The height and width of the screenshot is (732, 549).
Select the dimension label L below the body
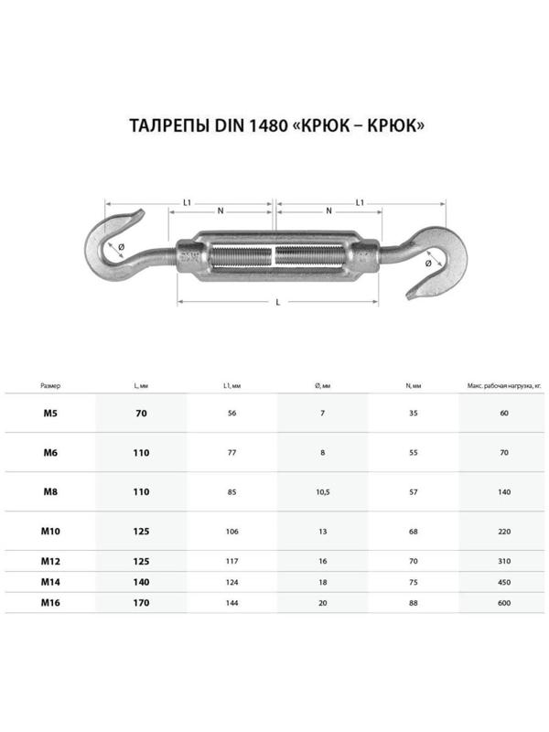coord(278,302)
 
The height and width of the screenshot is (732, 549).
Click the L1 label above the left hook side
coord(187,201)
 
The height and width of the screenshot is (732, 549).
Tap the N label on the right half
coord(328,212)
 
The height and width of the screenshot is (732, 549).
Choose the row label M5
coord(50,414)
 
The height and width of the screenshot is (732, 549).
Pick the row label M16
coord(51,602)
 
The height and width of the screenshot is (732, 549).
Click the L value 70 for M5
coord(140,414)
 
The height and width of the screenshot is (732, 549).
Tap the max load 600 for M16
coord(504,603)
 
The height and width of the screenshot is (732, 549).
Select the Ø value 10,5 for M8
coord(322,492)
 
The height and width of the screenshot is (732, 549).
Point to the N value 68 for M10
coord(414,532)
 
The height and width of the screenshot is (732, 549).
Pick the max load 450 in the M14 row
coord(504,581)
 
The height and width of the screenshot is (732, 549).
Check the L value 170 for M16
coord(140,603)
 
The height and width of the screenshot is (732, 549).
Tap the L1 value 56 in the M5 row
coord(231,414)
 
